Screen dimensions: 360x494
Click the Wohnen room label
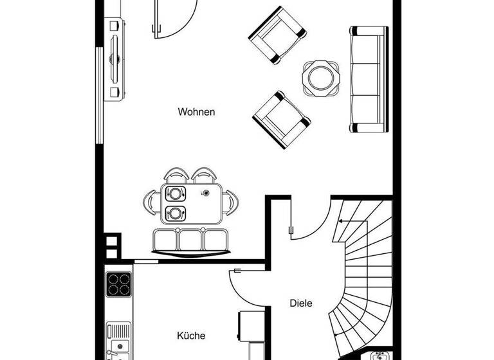196,112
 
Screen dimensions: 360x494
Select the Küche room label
191,336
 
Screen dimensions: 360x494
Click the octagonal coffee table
320,78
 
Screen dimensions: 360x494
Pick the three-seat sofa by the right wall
369,79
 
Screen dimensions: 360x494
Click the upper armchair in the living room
276,35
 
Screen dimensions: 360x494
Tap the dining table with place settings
191,203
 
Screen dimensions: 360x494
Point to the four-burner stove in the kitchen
118,283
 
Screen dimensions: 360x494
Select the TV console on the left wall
115,59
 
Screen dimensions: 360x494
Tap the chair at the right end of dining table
232,203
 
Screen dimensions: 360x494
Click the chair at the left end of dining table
150,203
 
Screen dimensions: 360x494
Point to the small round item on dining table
206,193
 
